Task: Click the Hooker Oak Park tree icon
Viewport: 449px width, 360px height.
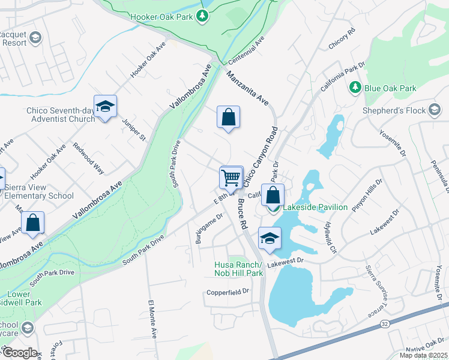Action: coord(203,16)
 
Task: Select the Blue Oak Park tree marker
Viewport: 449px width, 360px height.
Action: coord(355,88)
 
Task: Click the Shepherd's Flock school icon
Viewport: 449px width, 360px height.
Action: coord(435,110)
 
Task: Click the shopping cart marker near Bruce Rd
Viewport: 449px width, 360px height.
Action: coord(231,178)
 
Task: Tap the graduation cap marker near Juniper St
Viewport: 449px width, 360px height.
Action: coord(105,107)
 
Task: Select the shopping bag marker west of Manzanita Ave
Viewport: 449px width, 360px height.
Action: coord(229,117)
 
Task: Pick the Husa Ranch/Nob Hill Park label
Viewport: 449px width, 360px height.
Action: coord(239,269)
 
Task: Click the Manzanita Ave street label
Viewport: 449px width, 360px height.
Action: coord(247,88)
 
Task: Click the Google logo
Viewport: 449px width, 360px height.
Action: coord(19,352)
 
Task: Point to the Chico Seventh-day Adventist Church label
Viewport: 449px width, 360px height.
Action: coord(61,115)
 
